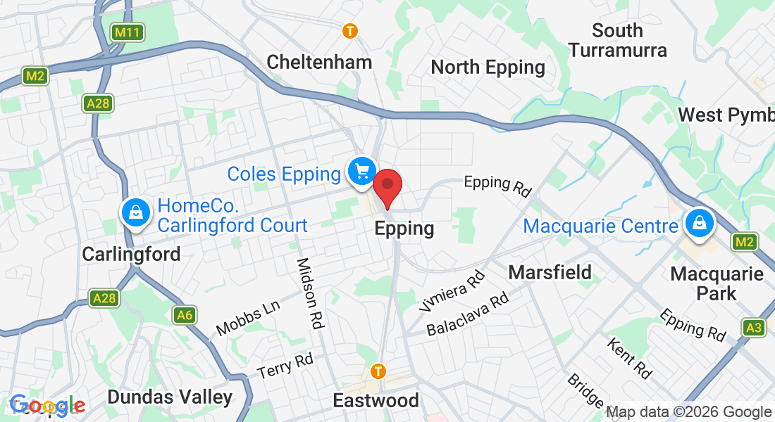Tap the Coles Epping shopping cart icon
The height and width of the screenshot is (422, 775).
362,171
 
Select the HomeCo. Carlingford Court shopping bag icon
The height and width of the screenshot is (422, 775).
134,212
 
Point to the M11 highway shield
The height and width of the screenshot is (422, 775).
128,32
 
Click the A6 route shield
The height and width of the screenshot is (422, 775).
185,315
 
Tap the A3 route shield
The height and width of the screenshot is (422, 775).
754,328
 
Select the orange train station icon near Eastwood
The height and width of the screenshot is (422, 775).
379,371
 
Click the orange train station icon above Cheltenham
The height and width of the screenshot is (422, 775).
350,31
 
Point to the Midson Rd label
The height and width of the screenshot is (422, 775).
310,293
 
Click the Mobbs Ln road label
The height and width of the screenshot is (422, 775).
248,319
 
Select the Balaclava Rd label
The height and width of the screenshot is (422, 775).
467,313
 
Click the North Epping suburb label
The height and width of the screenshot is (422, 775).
488,68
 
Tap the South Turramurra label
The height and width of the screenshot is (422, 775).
617,40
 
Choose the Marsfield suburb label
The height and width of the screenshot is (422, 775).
550,272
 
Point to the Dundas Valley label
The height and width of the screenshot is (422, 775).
169,397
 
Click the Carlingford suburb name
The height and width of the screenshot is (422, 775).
131,254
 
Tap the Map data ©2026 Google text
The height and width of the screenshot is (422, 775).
689,412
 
